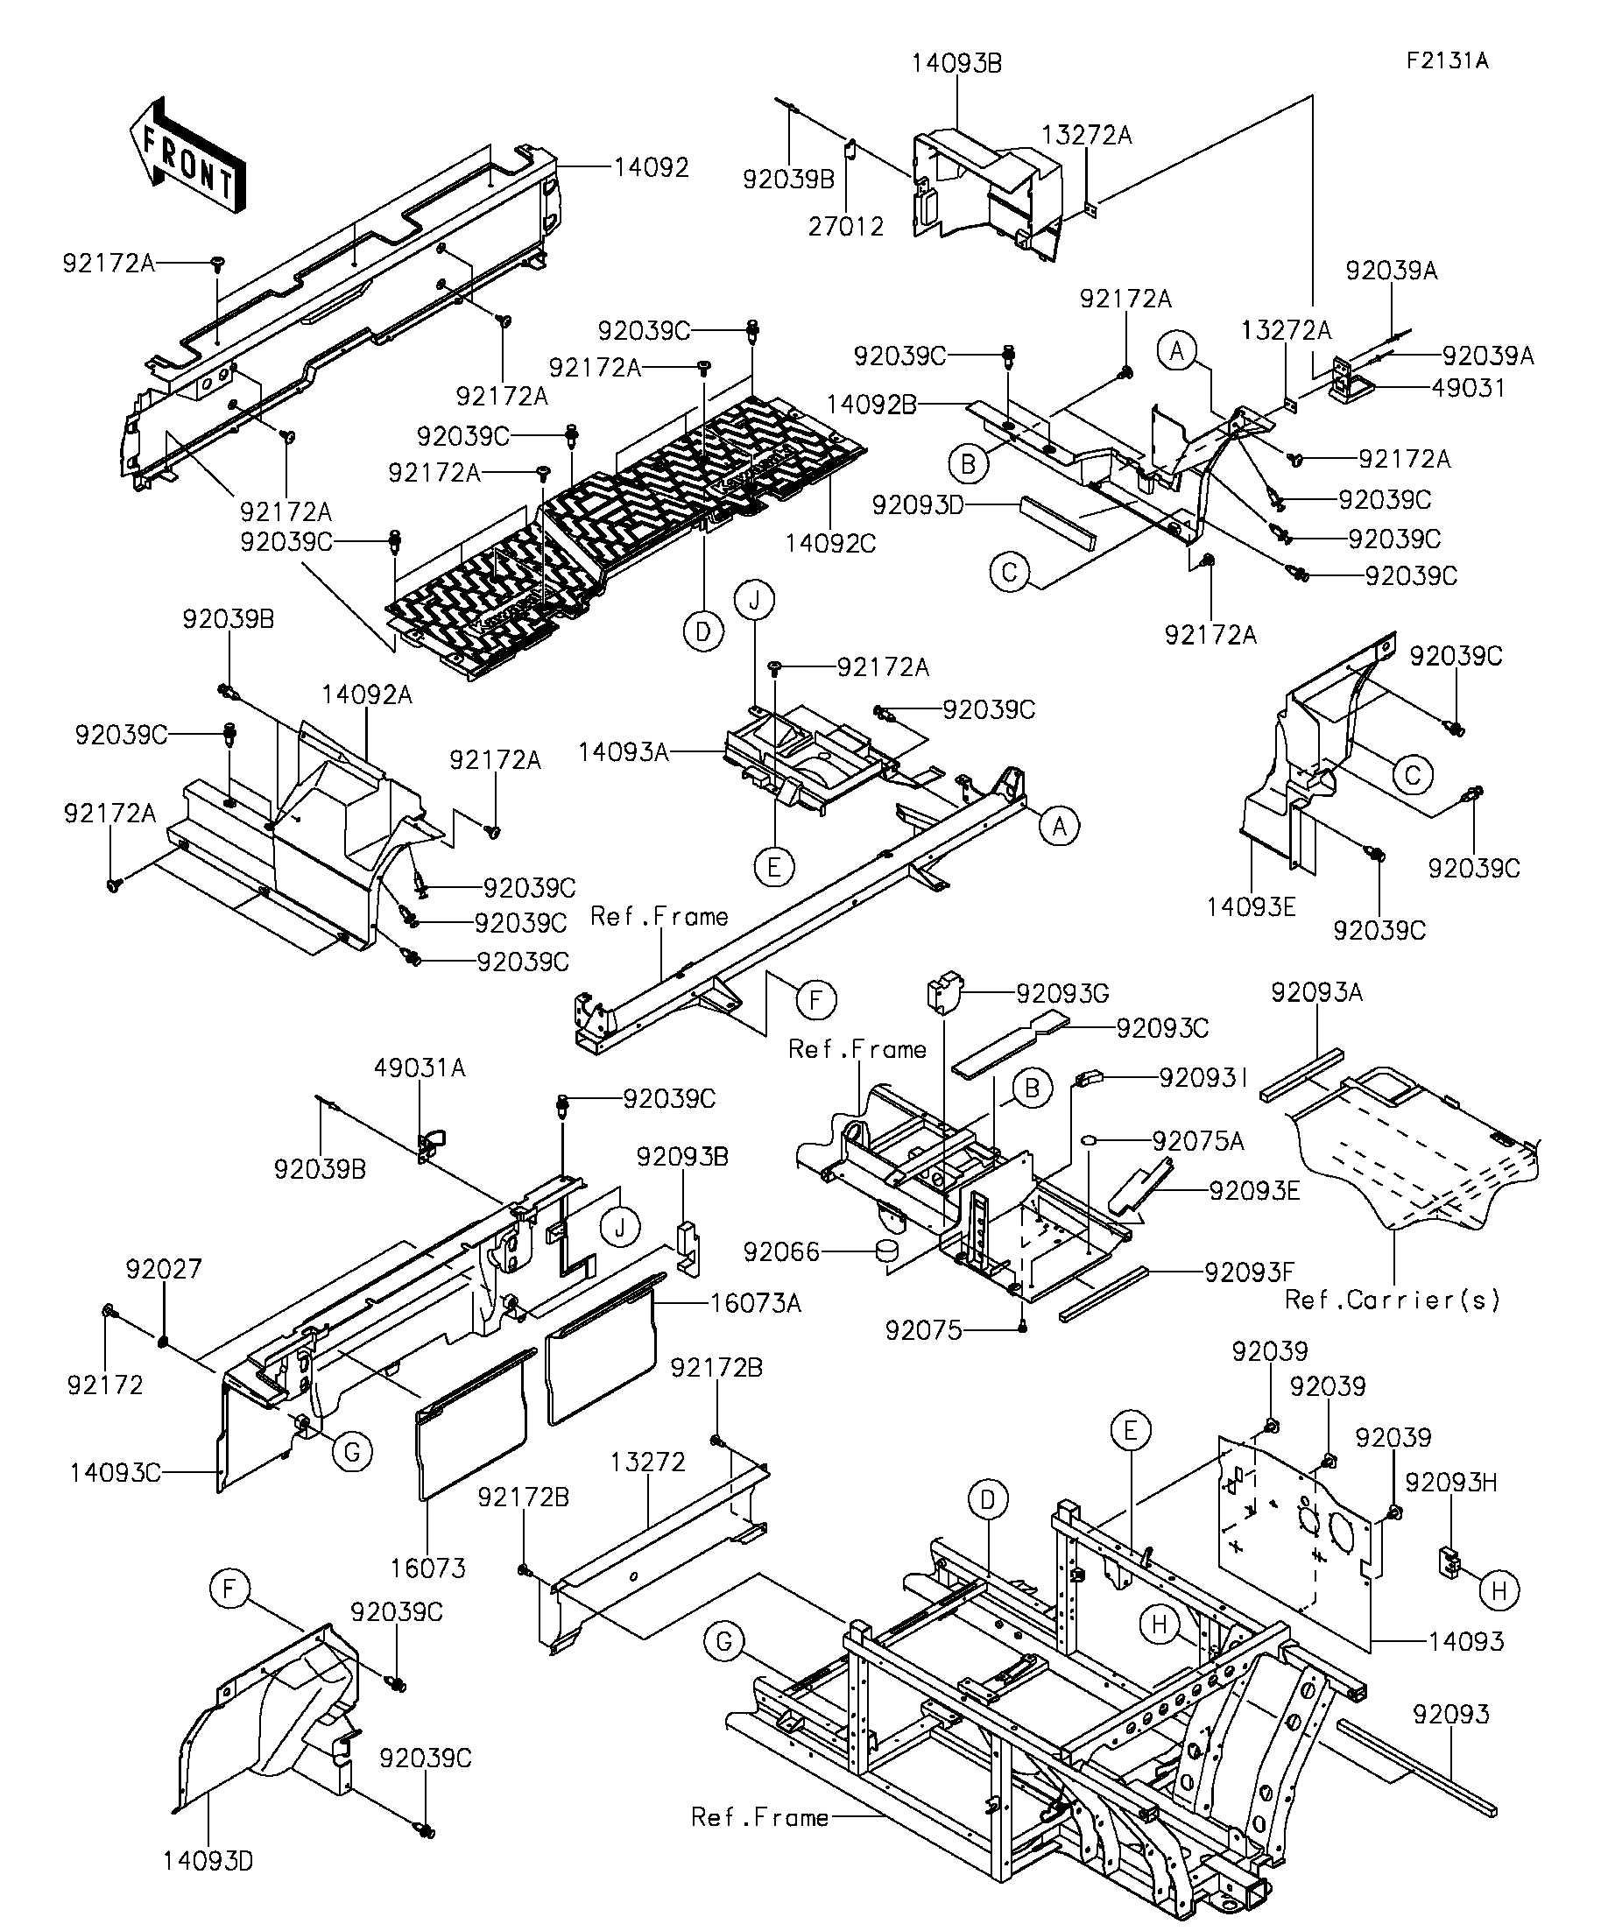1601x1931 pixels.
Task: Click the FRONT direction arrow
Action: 188,156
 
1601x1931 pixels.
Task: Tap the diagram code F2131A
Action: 1447,61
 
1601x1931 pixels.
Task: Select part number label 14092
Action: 651,167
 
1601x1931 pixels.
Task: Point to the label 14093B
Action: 956,63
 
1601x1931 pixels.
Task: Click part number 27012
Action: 846,226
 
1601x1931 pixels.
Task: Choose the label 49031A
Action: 420,1068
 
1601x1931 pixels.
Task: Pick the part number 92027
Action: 164,1269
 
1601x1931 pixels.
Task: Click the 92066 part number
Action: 780,1252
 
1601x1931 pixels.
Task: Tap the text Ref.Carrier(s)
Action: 1393,1300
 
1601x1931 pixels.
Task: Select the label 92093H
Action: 1451,1483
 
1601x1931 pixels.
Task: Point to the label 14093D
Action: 208,1861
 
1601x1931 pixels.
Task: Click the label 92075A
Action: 1198,1141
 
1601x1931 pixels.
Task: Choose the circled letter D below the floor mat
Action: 703,631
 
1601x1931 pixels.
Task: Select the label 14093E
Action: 1251,907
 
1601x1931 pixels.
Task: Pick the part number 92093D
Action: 917,504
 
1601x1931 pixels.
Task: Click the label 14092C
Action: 830,544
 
